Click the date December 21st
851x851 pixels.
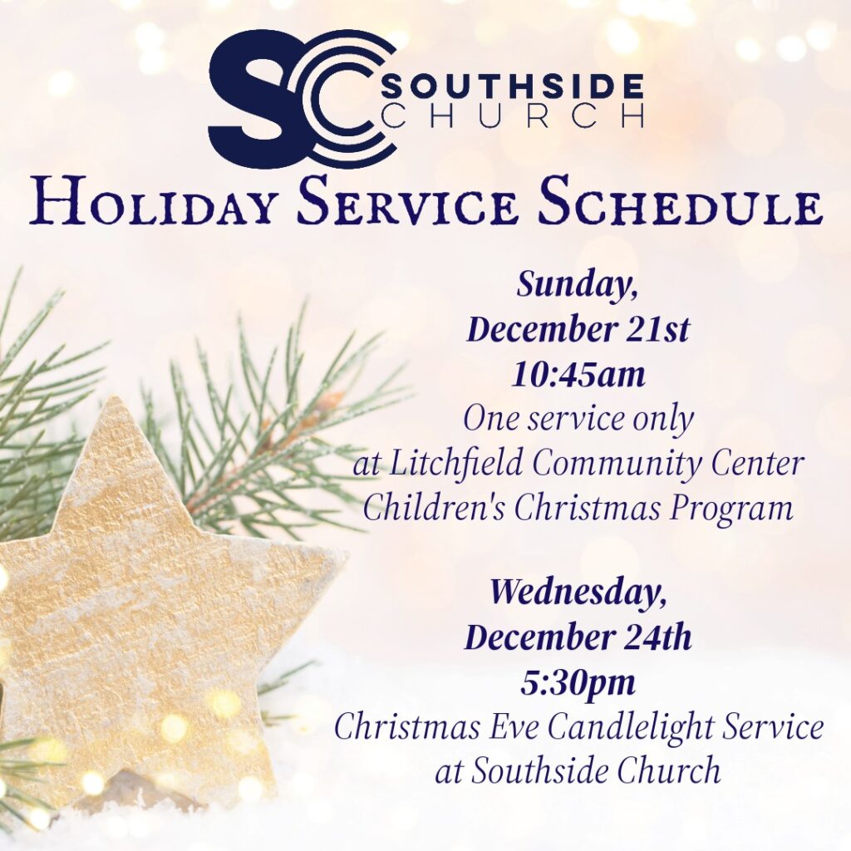(x=578, y=329)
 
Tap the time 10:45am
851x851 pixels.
(x=578, y=375)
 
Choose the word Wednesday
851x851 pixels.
(x=578, y=592)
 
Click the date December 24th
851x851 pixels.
(x=578, y=637)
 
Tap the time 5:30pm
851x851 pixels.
(x=578, y=683)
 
